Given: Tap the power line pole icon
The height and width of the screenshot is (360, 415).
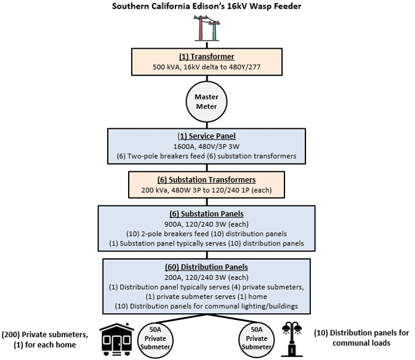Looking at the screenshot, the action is (x=207, y=28).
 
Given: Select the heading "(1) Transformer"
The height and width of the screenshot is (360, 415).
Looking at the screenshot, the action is (x=206, y=57).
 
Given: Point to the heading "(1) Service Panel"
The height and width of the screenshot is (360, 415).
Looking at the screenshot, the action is (x=206, y=136).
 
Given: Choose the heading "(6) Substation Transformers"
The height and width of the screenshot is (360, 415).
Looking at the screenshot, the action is (x=206, y=179).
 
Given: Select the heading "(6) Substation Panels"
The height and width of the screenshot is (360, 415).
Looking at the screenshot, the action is (x=206, y=214).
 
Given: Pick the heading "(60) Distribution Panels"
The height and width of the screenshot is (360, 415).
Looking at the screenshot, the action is (x=206, y=267).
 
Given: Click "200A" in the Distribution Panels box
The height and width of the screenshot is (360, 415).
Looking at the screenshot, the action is (x=173, y=277).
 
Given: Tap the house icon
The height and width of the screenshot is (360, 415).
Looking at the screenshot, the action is (x=117, y=339).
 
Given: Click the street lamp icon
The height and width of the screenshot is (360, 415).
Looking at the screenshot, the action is (x=292, y=339).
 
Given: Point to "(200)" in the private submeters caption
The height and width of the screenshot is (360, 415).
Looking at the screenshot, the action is (x=11, y=335).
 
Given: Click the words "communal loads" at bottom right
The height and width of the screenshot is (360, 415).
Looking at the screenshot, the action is (x=361, y=343).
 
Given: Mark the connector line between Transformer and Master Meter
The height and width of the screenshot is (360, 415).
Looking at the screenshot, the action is (x=207, y=78).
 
